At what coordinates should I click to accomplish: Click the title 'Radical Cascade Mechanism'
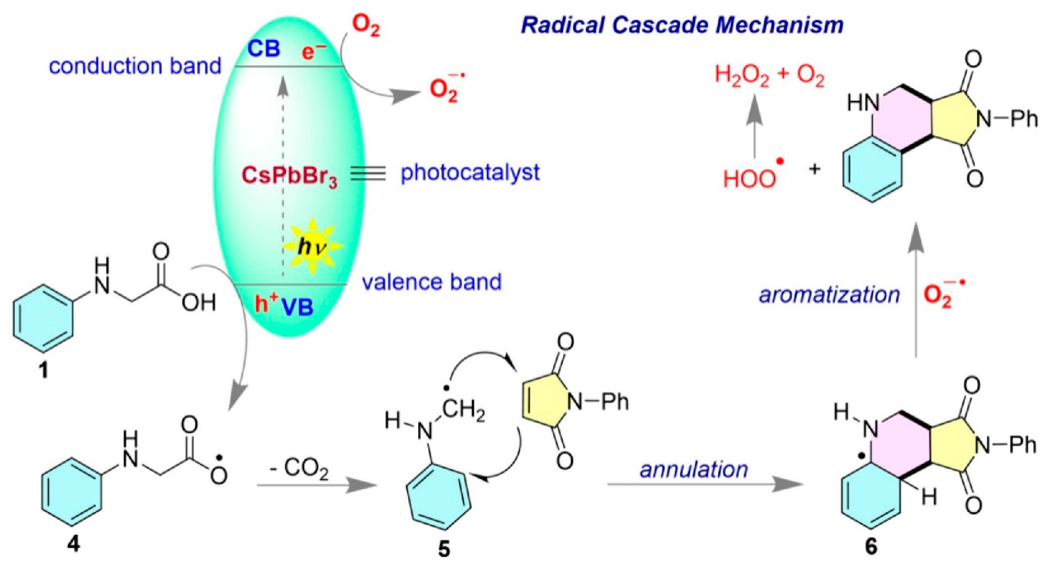pos(682,25)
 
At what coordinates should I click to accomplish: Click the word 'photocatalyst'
pos(470,173)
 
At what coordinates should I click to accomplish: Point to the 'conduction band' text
pos(135,66)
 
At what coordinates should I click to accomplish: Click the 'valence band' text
pos(432,282)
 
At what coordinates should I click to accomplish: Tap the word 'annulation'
pos(694,470)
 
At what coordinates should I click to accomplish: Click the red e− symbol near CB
pos(313,52)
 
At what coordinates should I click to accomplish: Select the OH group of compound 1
pos(198,303)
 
